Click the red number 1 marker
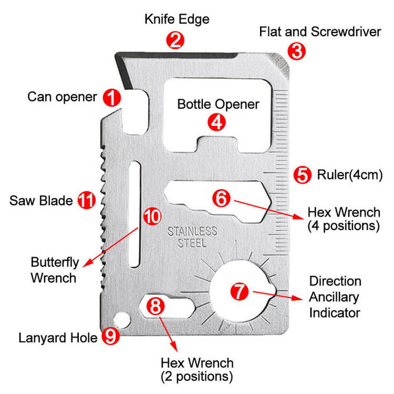point(112,97)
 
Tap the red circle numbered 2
point(175,40)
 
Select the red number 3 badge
point(296,51)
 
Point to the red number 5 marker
point(302,174)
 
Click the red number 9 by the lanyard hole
point(109,336)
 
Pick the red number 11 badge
point(87,200)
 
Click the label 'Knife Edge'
point(177,20)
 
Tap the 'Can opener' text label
point(62,97)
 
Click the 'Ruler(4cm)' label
point(349,174)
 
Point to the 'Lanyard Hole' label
point(58,337)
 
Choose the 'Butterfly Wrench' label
point(53,269)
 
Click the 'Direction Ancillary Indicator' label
point(335,297)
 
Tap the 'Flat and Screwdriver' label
point(320,32)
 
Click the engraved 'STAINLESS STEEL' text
point(192,237)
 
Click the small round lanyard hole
point(123,319)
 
